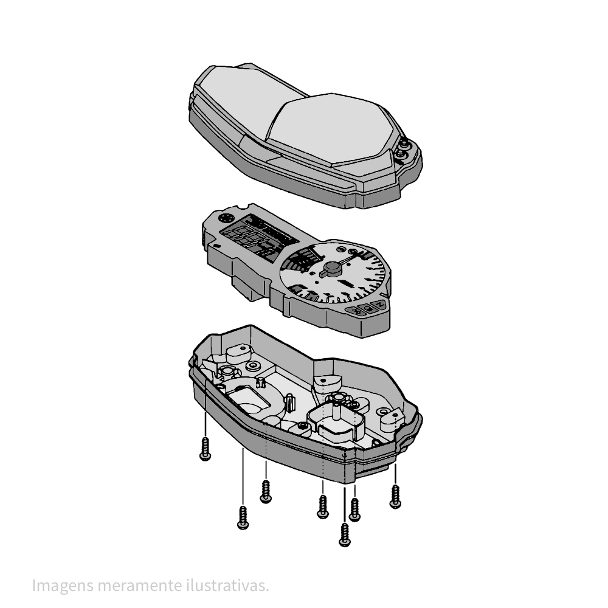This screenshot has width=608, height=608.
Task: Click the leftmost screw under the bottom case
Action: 205,449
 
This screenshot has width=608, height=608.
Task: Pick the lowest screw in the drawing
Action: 344,535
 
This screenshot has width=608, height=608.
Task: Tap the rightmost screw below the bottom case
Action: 395,496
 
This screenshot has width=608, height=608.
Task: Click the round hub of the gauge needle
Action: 333,267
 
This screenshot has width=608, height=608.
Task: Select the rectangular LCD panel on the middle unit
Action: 260,237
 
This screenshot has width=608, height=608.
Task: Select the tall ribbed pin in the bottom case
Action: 290,402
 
